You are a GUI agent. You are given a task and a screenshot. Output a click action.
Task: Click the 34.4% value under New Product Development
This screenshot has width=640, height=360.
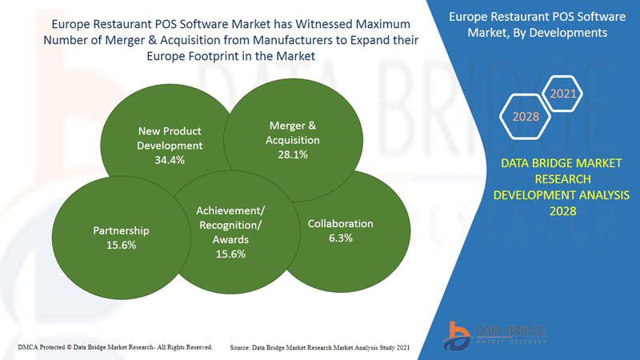(x=170, y=160)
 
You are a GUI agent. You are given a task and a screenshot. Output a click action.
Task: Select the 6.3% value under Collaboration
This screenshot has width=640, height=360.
(x=341, y=238)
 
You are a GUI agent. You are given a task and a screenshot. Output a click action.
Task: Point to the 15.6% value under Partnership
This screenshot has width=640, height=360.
(x=121, y=245)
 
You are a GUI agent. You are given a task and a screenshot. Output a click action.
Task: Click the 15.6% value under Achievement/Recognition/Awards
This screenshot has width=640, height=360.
(x=230, y=254)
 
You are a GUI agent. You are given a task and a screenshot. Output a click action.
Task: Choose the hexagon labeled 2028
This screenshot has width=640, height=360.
(x=526, y=117)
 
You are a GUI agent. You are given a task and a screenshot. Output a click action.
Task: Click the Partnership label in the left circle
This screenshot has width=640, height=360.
(x=122, y=230)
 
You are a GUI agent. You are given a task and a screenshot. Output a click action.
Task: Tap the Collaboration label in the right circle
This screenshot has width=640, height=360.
(x=341, y=224)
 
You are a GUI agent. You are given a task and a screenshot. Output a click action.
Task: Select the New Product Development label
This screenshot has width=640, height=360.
(x=170, y=138)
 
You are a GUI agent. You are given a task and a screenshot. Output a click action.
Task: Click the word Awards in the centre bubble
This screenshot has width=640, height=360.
(x=230, y=239)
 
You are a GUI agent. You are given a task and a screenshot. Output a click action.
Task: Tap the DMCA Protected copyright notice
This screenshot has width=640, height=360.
(x=114, y=347)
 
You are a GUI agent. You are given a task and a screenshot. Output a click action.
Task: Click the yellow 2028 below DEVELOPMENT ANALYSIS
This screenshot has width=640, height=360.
(x=561, y=210)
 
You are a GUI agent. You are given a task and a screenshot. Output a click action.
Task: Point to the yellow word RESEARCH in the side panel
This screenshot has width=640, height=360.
(x=561, y=179)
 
